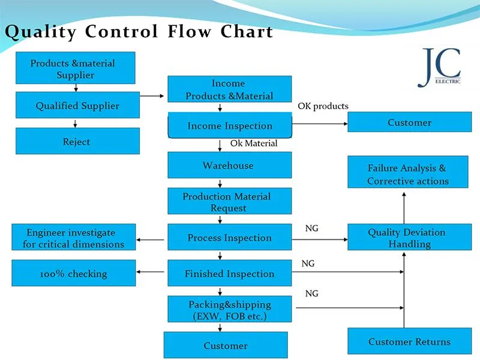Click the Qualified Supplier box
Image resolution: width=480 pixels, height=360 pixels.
(x=77, y=106)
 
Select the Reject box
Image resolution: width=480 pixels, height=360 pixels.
(x=77, y=142)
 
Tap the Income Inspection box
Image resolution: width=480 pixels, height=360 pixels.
(x=230, y=126)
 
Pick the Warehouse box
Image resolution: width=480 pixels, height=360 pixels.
(x=229, y=165)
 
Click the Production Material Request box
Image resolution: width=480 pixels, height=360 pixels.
(x=229, y=202)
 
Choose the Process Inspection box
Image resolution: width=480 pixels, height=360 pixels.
(x=229, y=238)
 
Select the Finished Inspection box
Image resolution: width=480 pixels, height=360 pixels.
(x=229, y=274)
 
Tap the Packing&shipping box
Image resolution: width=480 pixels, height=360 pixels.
(x=229, y=310)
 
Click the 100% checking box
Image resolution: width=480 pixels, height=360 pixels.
(x=74, y=274)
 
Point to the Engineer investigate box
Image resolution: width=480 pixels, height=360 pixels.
(x=74, y=238)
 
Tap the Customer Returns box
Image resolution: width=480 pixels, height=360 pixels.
(x=409, y=341)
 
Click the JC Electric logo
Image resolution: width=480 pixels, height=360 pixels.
(x=440, y=67)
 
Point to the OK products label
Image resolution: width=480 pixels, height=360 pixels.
(x=323, y=106)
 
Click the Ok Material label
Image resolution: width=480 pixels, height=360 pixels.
(x=254, y=143)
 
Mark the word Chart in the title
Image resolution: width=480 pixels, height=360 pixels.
(x=247, y=31)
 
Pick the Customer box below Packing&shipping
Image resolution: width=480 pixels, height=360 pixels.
(x=226, y=346)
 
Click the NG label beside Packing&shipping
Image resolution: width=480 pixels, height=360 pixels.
(x=312, y=293)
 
